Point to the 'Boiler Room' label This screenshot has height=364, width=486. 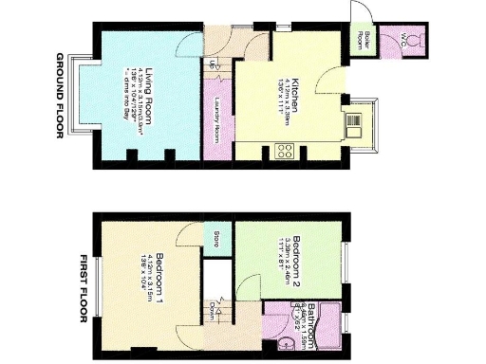click(x=360, y=41)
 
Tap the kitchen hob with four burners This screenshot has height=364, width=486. click(x=284, y=149)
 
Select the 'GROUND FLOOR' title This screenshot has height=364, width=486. click(x=59, y=95)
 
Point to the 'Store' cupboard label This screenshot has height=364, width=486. click(x=215, y=235)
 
